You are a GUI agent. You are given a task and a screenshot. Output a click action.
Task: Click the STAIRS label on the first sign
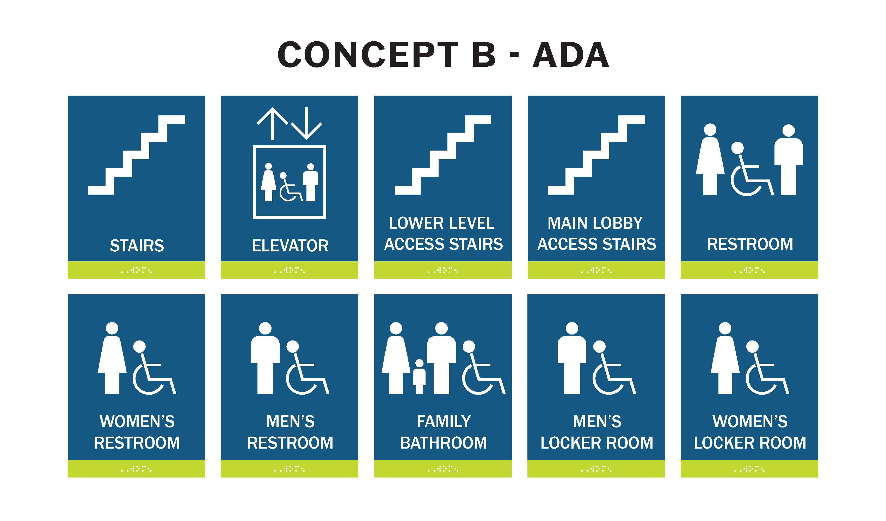tap(137, 245)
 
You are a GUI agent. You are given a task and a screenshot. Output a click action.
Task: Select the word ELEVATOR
tap(290, 245)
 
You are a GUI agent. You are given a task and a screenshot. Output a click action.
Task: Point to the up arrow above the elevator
tap(273, 124)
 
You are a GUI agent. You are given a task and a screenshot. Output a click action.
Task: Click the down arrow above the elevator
tap(306, 124)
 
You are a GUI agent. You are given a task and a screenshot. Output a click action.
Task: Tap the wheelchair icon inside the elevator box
tap(290, 187)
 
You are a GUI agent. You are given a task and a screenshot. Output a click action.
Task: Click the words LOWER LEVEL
tap(442, 223)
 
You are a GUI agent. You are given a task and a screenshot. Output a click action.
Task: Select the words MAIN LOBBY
tap(595, 223)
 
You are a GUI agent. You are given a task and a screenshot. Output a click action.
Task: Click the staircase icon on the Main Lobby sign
tap(596, 155)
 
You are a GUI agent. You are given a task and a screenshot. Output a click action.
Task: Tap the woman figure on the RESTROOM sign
tap(710, 159)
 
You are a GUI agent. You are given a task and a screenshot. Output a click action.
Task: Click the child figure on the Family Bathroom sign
tap(419, 376)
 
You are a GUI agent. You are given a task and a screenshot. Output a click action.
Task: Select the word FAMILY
tap(444, 421)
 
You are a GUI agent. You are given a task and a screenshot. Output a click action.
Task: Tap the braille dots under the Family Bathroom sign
tap(443, 469)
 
